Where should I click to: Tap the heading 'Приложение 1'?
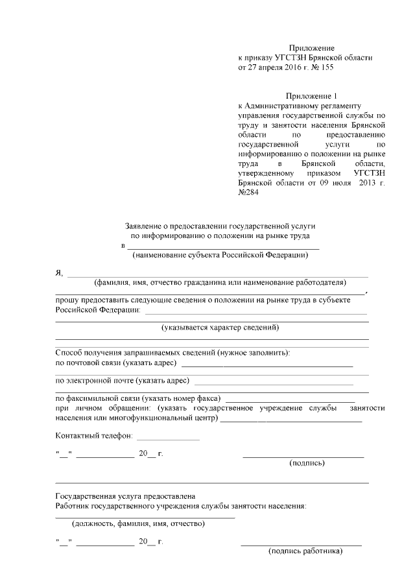(312, 96)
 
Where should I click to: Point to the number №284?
(249, 193)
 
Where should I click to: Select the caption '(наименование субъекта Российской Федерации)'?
(220, 256)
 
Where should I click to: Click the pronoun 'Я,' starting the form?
(60, 273)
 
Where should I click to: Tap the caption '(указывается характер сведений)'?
(220, 328)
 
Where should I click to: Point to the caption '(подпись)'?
(307, 462)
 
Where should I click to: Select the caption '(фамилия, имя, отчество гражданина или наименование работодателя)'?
(219, 283)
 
